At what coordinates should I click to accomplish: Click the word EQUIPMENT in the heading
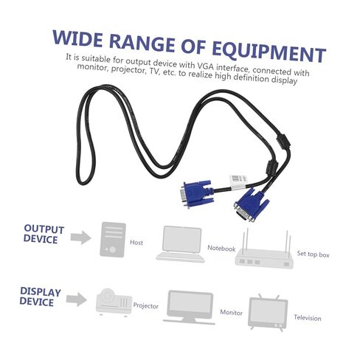coord(269,52)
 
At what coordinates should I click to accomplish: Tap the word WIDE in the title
coord(77,38)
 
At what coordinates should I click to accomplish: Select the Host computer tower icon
coord(113,240)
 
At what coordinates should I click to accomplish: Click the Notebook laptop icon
coord(181,244)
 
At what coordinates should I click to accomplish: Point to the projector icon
coord(114,302)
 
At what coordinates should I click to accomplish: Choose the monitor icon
coord(189,308)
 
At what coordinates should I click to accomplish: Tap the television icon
coord(268,313)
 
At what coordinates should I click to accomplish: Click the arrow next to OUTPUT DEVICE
coord(81,238)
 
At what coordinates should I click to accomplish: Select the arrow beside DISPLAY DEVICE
coord(77,300)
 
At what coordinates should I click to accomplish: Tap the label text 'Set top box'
coord(313,254)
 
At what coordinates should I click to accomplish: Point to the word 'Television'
coord(308,318)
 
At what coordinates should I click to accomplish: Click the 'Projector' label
coord(146,306)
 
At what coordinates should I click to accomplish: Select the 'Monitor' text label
coord(231,312)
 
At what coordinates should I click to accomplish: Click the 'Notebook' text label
coord(221,249)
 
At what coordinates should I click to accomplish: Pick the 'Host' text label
coord(136,243)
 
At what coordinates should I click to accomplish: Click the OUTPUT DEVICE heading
coord(44,234)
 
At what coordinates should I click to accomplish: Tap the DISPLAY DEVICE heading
coord(40,297)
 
